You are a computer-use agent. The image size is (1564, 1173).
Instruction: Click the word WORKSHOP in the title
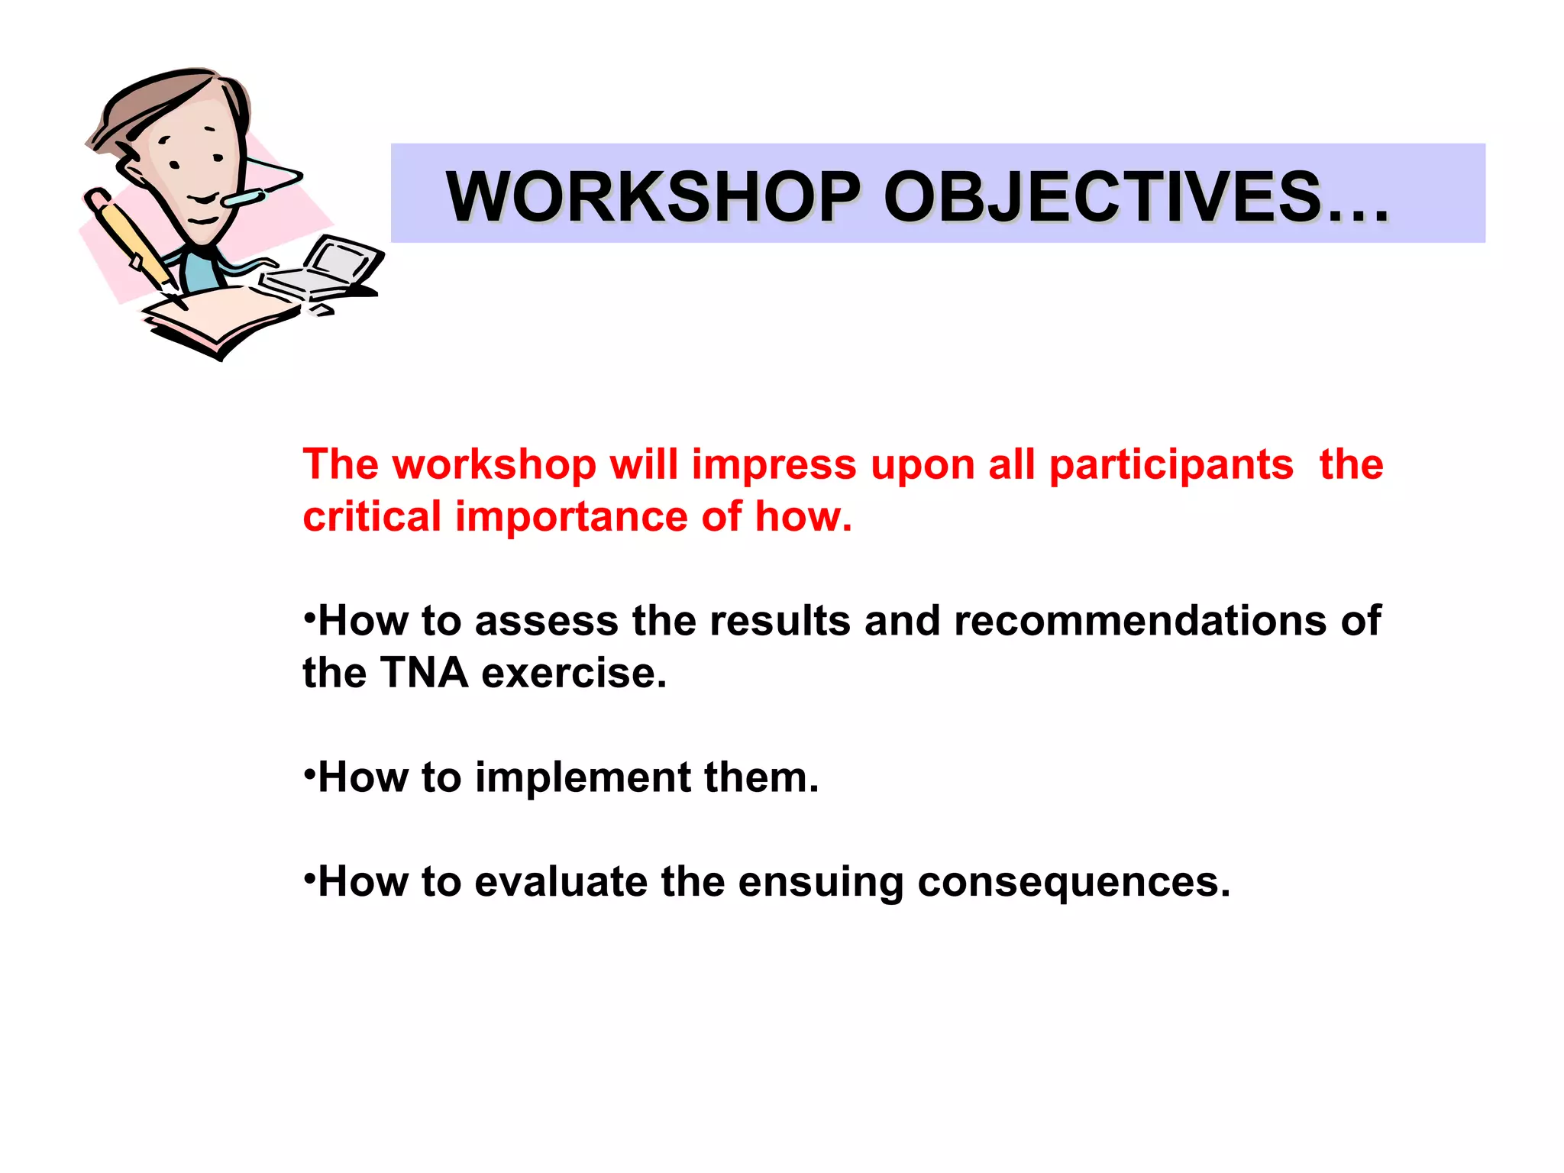[x=653, y=197]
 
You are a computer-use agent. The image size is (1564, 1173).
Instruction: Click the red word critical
[x=372, y=516]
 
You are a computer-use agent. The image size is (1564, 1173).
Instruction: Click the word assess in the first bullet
[x=546, y=621]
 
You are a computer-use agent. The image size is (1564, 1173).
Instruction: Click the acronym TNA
[x=424, y=673]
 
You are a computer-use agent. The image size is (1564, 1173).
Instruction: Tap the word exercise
[x=574, y=673]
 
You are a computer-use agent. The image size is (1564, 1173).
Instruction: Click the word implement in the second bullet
[x=583, y=778]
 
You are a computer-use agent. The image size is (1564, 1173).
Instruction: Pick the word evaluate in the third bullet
[x=561, y=882]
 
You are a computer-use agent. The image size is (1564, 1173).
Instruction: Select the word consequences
[x=1073, y=882]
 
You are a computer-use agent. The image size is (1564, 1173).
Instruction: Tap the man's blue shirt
[x=202, y=271]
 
